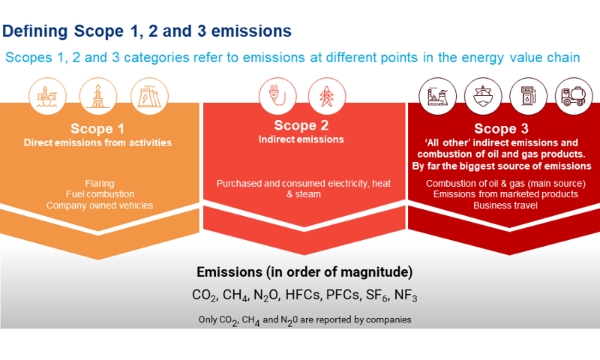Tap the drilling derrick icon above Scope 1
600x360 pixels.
tap(98, 96)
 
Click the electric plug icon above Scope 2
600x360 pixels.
tap(274, 96)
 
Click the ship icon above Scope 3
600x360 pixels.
tap(483, 96)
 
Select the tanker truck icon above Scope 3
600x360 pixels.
tap(574, 96)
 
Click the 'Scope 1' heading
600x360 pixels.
tap(97, 128)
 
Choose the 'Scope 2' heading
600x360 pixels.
tap(301, 125)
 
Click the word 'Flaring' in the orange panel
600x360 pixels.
tap(100, 184)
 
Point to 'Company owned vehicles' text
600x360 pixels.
tap(99, 205)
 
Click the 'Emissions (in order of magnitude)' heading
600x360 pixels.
tap(304, 271)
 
